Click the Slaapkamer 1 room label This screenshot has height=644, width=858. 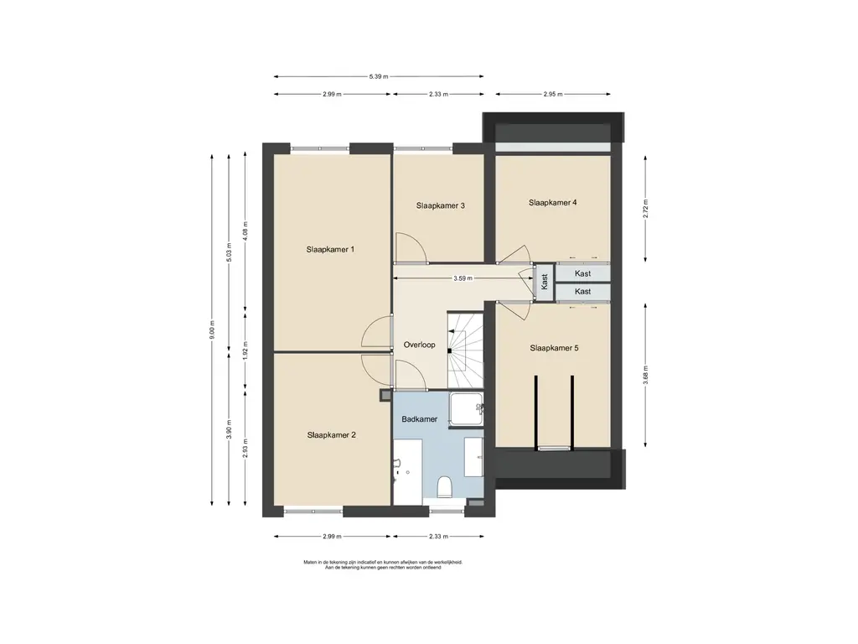(x=330, y=249)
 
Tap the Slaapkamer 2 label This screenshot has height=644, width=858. (x=332, y=435)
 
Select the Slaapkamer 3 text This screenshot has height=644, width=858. (x=441, y=205)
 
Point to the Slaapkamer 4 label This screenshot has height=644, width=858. (x=553, y=202)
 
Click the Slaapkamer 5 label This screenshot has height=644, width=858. (x=554, y=348)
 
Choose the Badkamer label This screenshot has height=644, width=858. (x=419, y=419)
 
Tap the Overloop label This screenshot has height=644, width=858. (x=419, y=345)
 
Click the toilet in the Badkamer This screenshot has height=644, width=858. (x=444, y=486)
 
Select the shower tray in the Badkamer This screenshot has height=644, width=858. (x=466, y=409)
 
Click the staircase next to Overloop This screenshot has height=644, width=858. (x=465, y=350)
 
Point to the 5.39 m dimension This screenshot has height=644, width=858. (x=379, y=76)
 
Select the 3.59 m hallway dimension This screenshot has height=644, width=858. (x=463, y=278)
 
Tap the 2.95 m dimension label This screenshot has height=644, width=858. (x=553, y=94)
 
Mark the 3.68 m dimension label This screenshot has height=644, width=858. (x=646, y=376)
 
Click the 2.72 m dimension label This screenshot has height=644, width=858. (x=646, y=209)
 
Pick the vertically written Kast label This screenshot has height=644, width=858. (x=544, y=282)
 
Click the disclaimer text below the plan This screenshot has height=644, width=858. (x=383, y=564)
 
